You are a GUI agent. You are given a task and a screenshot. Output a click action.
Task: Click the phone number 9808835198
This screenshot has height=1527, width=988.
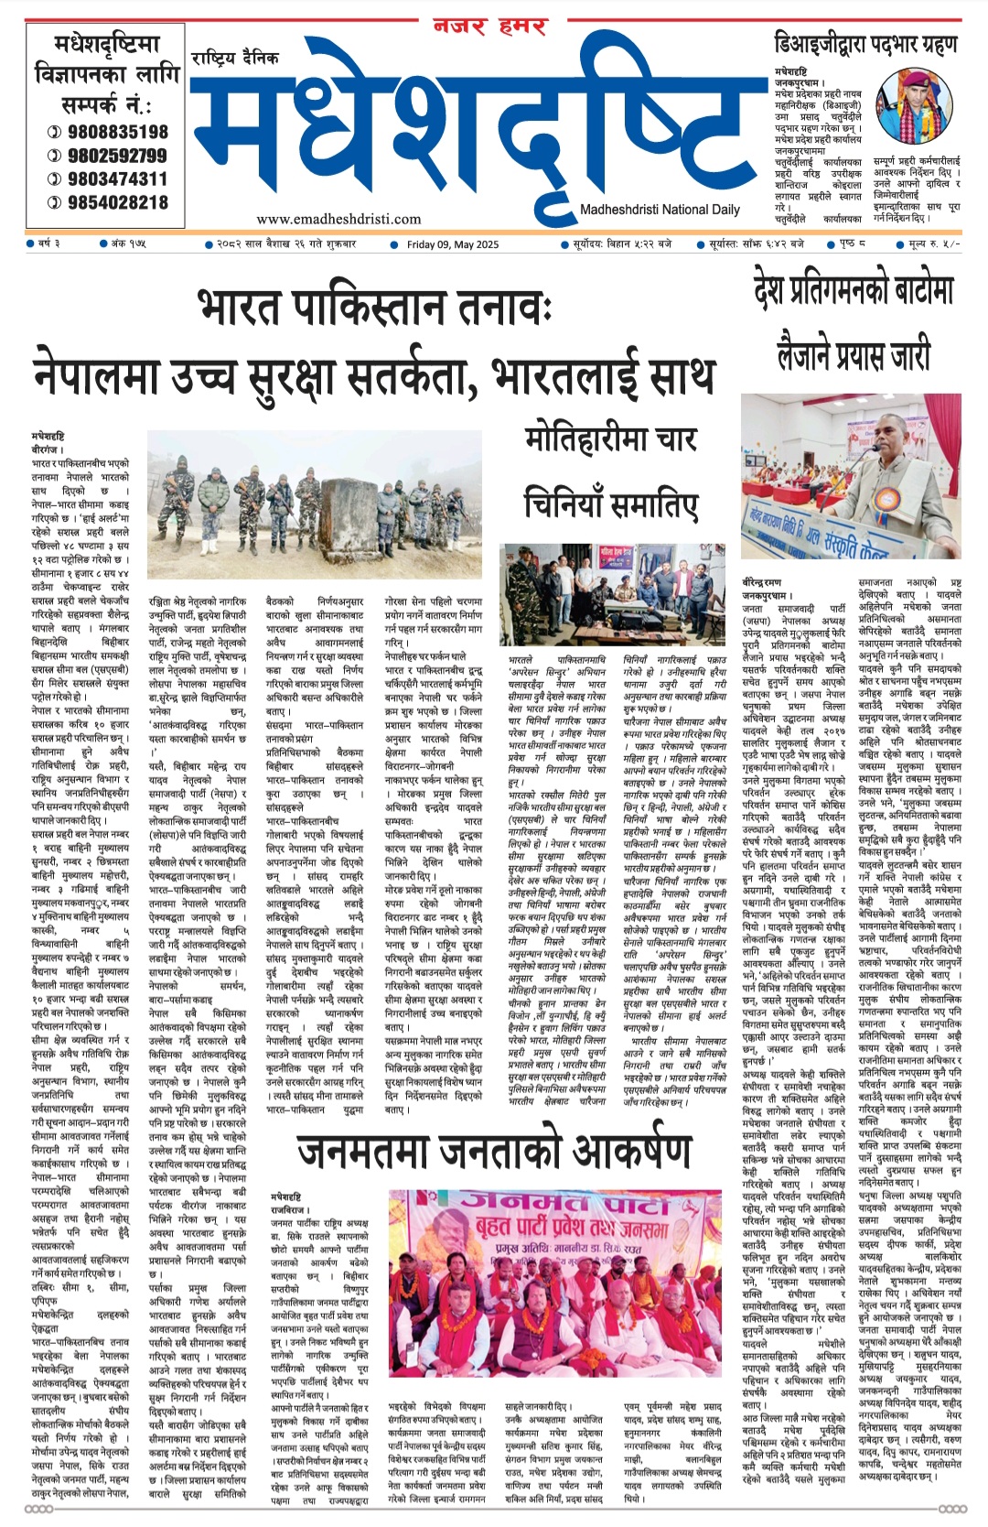tap(117, 132)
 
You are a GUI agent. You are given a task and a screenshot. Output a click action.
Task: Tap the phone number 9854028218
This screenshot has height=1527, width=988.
tap(117, 202)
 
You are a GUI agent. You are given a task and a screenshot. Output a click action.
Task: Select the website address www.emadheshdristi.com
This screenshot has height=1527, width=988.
tap(338, 219)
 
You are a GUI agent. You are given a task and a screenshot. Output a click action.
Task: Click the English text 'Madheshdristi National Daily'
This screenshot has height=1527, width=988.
tap(660, 210)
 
